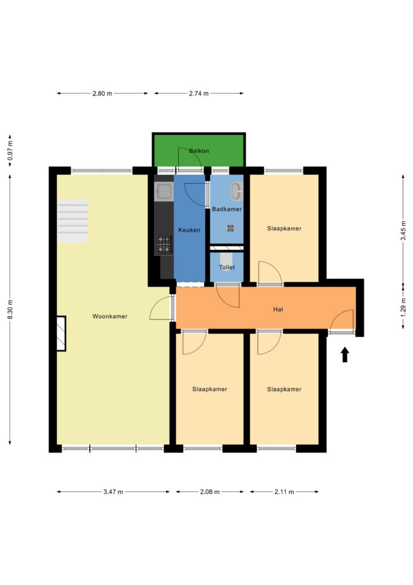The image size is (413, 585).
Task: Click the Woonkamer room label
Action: click(x=110, y=316)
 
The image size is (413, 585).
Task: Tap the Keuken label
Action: click(x=189, y=230)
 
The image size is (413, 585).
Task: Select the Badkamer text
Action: click(x=227, y=209)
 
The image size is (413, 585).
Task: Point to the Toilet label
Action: click(x=227, y=267)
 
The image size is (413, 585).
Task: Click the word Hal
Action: click(x=278, y=309)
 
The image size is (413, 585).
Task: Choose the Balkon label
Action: click(x=199, y=151)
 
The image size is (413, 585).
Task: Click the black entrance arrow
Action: click(x=345, y=354)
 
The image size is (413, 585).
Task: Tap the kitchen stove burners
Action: click(x=164, y=245)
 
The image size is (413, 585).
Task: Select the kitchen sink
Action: click(x=164, y=191)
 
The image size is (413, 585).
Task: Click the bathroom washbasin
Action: click(x=237, y=191)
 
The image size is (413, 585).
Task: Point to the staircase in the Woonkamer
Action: click(x=72, y=221)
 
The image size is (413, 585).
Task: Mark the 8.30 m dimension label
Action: click(x=10, y=309)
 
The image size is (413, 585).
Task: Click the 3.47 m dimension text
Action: click(x=113, y=492)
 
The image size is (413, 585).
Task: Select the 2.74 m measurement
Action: click(x=199, y=94)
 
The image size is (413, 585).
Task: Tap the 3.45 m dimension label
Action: click(x=404, y=231)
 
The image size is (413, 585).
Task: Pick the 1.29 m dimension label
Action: click(x=404, y=307)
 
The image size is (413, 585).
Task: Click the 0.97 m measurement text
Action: click(x=10, y=150)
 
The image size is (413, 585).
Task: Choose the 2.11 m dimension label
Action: click(x=285, y=492)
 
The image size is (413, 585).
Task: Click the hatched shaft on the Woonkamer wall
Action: click(x=61, y=334)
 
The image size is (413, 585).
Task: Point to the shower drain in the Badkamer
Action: click(x=230, y=227)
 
